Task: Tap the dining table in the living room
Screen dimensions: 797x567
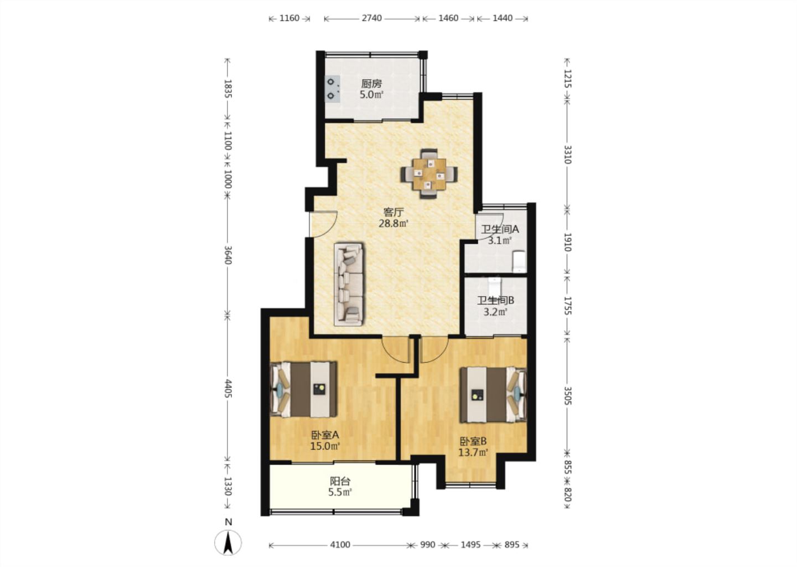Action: coord(429,174)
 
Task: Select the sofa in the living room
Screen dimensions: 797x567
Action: coord(349,284)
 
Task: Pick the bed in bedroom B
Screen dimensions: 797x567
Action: coord(493,395)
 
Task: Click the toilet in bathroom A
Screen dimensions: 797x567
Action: coord(519,261)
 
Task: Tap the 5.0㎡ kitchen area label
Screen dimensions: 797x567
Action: coord(371,95)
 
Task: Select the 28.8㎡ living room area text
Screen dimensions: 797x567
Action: coord(393,224)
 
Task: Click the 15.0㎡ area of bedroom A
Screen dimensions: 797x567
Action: coord(325,446)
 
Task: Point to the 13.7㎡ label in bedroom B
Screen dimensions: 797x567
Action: coord(473,453)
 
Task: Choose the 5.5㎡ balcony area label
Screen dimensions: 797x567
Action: coord(340,493)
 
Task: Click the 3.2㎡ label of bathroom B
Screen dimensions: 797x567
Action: coord(495,312)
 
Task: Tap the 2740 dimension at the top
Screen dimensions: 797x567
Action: coord(372,18)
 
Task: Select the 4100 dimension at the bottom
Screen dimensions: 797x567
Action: coord(340,545)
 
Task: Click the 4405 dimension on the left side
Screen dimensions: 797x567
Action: coord(227,389)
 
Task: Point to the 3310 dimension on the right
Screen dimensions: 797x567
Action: coord(568,154)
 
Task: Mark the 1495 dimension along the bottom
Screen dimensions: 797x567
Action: coord(470,545)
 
